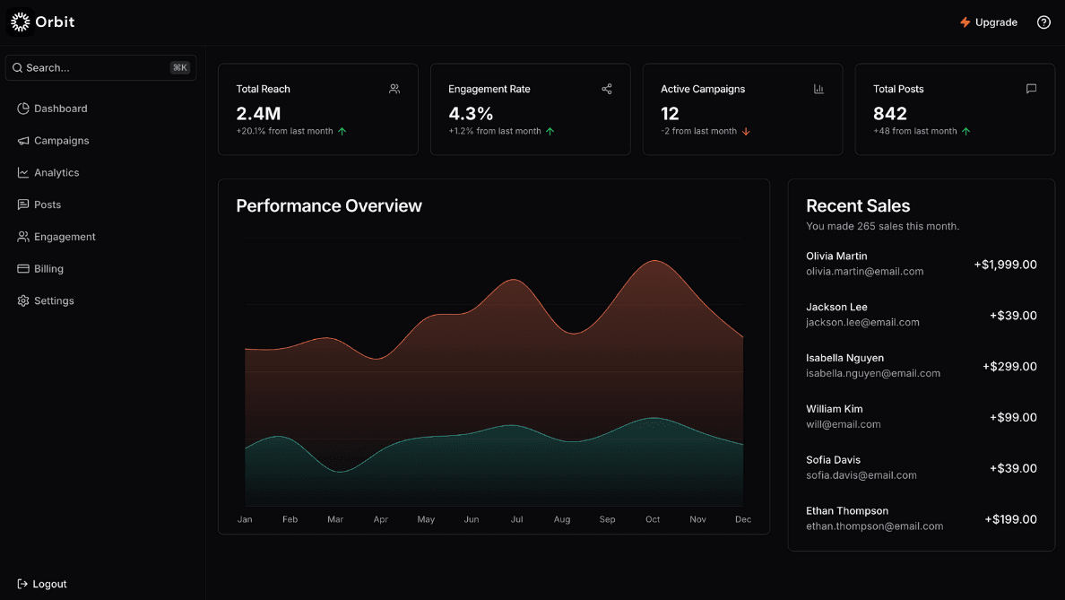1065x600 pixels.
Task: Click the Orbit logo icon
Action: coord(21,22)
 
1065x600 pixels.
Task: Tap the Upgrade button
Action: coord(989,22)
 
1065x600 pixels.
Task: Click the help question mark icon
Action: coord(1043,22)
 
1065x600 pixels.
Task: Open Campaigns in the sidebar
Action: coord(61,141)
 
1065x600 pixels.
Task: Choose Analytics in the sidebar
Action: coord(56,173)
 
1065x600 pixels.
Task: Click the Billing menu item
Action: coord(48,269)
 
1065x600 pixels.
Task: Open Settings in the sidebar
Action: coord(54,301)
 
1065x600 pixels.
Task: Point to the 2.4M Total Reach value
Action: coord(258,114)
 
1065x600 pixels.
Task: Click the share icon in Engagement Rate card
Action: coord(607,89)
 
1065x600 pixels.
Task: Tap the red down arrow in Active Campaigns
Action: coord(746,132)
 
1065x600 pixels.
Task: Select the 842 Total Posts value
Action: coord(890,114)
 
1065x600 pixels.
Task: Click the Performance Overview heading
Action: coord(329,206)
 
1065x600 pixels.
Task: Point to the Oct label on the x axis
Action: coord(653,519)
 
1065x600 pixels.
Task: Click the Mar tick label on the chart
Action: coord(335,519)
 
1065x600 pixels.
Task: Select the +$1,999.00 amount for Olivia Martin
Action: coord(1005,265)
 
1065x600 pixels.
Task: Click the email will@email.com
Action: coord(843,424)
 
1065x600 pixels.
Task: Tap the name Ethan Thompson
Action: coord(847,511)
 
